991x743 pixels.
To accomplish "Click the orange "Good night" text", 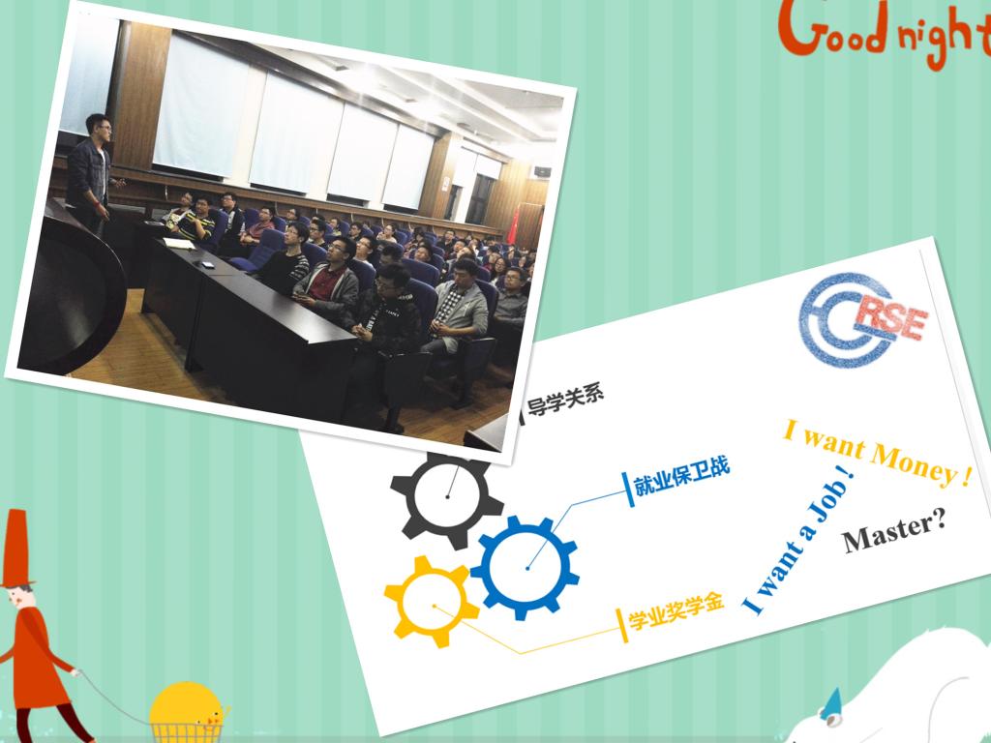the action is (x=885, y=32).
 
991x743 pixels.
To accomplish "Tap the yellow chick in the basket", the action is (x=188, y=704).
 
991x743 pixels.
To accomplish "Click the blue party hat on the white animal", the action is (x=831, y=704).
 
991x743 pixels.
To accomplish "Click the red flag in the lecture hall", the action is (x=513, y=225).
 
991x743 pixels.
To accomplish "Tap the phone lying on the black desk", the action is (x=207, y=263).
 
